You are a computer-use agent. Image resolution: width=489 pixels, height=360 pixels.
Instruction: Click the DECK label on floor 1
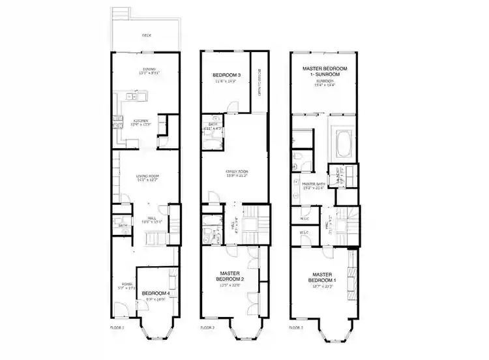click(147, 35)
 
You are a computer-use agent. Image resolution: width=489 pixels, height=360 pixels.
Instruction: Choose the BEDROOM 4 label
click(156, 294)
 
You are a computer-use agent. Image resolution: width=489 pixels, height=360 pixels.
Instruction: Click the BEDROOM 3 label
click(227, 77)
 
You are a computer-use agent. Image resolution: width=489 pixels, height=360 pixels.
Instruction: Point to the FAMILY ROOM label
click(236, 172)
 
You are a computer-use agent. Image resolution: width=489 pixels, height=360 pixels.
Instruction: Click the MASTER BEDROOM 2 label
click(231, 277)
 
